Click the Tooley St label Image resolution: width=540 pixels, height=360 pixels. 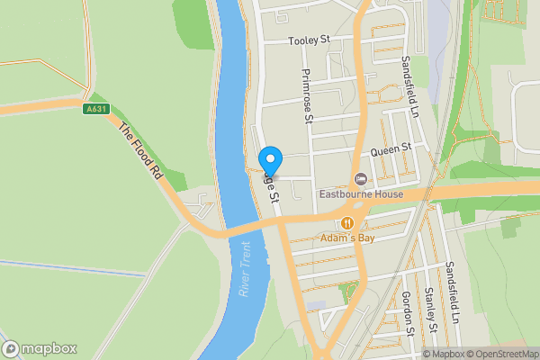click(310, 40)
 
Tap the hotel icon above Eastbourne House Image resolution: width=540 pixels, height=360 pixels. click(361, 177)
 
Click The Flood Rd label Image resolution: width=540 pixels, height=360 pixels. click(141, 150)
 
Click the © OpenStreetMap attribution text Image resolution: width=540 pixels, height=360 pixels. click(500, 354)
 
